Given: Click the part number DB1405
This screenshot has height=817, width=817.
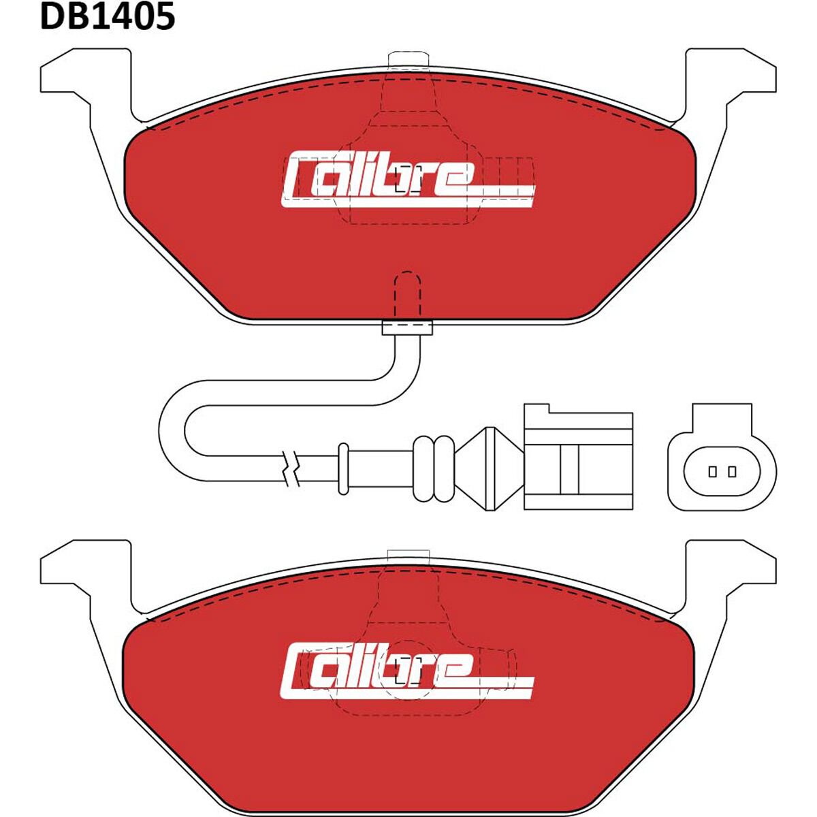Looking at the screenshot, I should (108, 16).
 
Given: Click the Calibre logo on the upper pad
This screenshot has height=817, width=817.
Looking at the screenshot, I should (407, 180).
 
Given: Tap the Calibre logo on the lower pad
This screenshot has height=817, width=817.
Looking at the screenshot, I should (407, 671).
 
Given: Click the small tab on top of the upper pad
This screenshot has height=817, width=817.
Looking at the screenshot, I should (407, 60).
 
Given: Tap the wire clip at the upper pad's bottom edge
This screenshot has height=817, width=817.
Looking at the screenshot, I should (407, 328).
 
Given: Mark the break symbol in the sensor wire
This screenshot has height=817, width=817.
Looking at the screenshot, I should (292, 467).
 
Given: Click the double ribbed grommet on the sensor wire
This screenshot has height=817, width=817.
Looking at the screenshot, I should (433, 468).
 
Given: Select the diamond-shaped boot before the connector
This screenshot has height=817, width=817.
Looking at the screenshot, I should (490, 468).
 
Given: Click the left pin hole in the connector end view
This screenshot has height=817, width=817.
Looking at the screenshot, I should (713, 471).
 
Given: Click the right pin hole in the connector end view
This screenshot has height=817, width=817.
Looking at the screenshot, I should (732, 471).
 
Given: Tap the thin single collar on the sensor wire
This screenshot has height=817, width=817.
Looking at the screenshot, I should (343, 468).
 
